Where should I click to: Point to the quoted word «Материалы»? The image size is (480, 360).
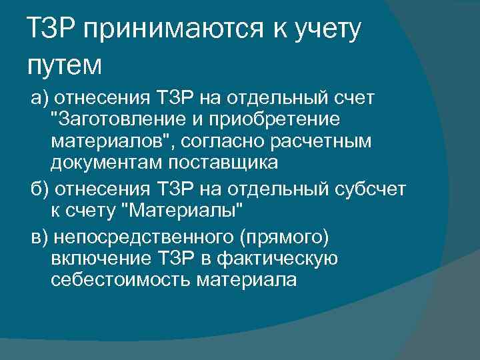[x=183, y=212]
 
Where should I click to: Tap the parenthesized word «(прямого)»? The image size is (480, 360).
[x=284, y=239]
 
